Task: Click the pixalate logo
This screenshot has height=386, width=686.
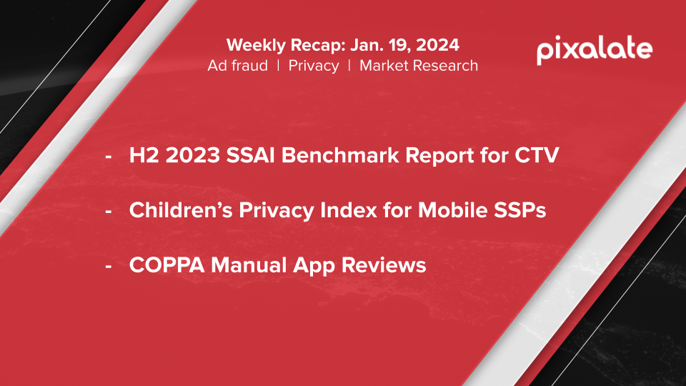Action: pos(595,50)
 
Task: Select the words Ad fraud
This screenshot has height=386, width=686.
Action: pos(237,66)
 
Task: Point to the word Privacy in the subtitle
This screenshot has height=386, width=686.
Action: pos(314,66)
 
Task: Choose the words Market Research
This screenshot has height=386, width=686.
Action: pos(419,66)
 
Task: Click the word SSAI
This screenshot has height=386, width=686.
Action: pos(250,155)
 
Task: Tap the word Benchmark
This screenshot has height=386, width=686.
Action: pos(340,155)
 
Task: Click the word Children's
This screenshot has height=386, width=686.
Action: pos(180,210)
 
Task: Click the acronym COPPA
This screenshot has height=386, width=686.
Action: pos(166,265)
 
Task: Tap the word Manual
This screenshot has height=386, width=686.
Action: pos(249,265)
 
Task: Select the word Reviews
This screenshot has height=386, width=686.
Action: pos(384,265)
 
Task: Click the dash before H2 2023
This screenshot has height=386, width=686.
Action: pos(109,157)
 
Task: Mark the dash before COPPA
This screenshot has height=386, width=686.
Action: pos(109,266)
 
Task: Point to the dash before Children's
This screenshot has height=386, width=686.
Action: pos(109,211)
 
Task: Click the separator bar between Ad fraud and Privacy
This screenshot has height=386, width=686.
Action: pos(278,66)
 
